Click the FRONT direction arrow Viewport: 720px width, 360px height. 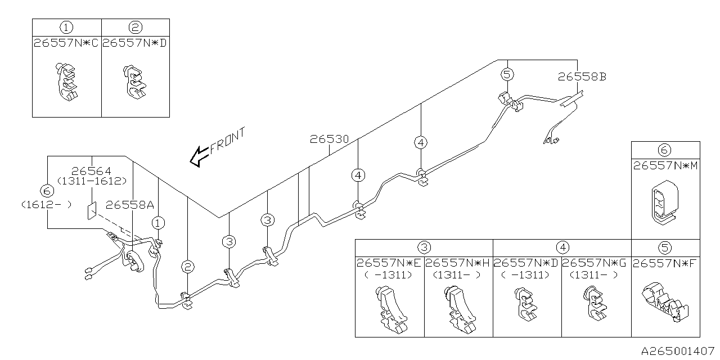pyautogui.click(x=199, y=157)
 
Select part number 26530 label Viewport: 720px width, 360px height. pyautogui.click(x=329, y=139)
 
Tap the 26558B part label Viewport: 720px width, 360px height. pyautogui.click(x=582, y=77)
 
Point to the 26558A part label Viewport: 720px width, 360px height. pyautogui.click(x=130, y=205)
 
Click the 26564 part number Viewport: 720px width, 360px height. pyautogui.click(x=91, y=170)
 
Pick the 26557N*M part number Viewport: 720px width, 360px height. pyautogui.click(x=665, y=166)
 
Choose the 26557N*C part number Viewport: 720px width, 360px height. pyautogui.click(x=66, y=43)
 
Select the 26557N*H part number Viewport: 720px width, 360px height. pyautogui.click(x=457, y=263)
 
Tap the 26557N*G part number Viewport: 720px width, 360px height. pyautogui.click(x=594, y=263)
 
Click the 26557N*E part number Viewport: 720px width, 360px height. pyautogui.click(x=389, y=263)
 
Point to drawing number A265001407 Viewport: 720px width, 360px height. pyautogui.click(x=678, y=350)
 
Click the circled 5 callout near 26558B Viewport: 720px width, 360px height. pyautogui.click(x=507, y=75)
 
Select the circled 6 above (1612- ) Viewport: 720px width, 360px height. pyautogui.click(x=47, y=191)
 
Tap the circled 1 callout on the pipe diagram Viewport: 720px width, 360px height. pyautogui.click(x=158, y=223)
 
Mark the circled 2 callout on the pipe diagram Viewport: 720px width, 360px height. pyautogui.click(x=188, y=267)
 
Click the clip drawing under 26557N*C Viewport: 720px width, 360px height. pyautogui.click(x=67, y=82)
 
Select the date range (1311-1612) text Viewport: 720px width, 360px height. pyautogui.click(x=92, y=181)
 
